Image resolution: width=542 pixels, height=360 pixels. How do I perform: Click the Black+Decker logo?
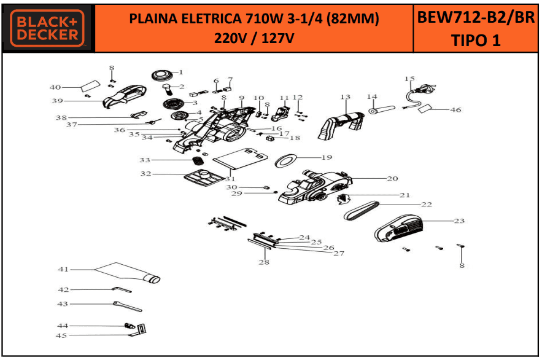point(47,28)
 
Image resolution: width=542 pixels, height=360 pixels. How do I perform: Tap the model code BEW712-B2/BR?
point(476,17)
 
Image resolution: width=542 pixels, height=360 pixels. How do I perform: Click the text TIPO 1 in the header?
point(476,41)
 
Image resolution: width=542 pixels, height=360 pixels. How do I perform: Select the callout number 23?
point(459,221)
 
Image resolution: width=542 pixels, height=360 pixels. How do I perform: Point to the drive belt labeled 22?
point(362,211)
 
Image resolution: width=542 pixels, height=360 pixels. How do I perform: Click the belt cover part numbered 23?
point(398,229)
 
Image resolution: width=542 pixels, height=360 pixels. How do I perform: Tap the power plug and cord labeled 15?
point(419,95)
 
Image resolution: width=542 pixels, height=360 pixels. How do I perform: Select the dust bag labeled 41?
point(128,272)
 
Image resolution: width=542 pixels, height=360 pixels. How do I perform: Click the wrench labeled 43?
point(127,306)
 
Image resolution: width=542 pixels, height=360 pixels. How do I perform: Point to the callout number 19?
point(327,157)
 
